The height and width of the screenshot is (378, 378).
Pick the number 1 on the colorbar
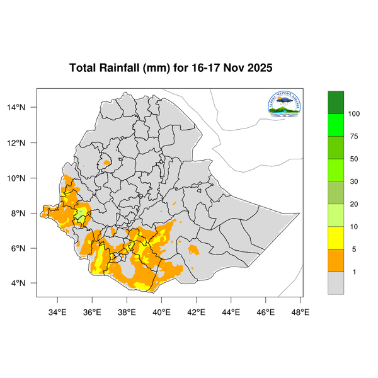354,272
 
